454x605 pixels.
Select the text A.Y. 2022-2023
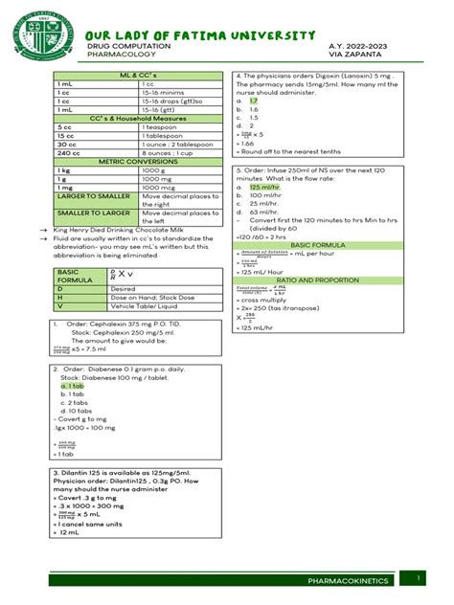[x=364, y=46]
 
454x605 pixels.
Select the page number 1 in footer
[x=420, y=576]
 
